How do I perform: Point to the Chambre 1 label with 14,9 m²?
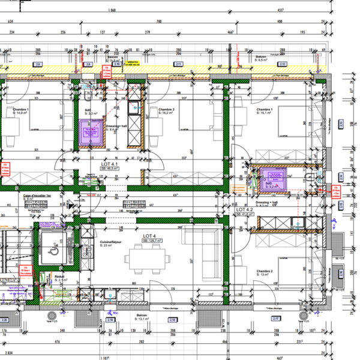point(10,111)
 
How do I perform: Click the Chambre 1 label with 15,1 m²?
point(265,112)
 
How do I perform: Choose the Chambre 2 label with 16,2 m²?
point(166,112)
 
